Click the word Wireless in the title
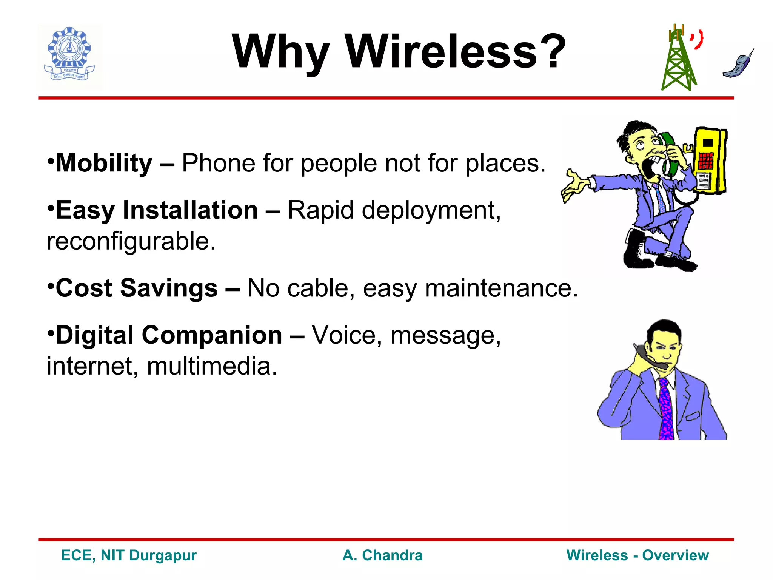click(x=442, y=52)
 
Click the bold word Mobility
click(x=104, y=163)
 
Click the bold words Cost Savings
click(x=137, y=288)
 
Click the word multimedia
click(x=212, y=366)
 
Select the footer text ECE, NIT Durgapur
click(x=129, y=555)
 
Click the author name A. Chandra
click(x=382, y=555)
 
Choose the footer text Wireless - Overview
click(x=637, y=555)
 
